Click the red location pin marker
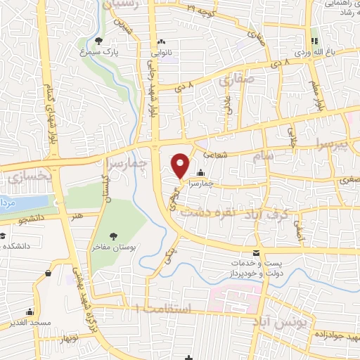(181, 165)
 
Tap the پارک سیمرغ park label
(98, 52)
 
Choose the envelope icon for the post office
(256, 252)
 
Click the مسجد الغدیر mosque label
(30, 322)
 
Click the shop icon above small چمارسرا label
(201, 173)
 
